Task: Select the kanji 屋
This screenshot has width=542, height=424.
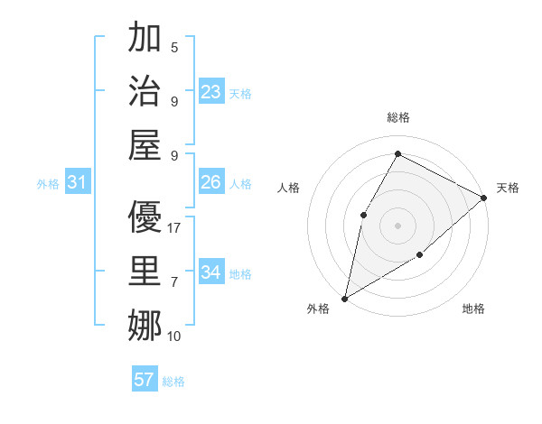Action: tap(145, 144)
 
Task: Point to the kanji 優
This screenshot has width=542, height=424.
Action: tap(145, 217)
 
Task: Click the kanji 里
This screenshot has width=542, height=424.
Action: tap(145, 272)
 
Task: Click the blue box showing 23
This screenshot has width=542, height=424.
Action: tap(211, 91)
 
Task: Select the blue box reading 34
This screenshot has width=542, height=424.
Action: tap(211, 272)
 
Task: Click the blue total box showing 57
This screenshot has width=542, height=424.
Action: tap(145, 380)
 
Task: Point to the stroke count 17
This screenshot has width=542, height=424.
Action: tap(174, 228)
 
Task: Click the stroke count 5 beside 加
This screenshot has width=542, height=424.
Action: tap(174, 47)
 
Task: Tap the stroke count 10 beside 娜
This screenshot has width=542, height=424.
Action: tap(174, 336)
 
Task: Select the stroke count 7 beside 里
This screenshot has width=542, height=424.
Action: tap(174, 282)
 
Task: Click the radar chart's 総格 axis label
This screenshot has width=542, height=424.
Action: tap(397, 117)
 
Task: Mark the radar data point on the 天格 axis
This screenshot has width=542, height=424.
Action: tap(484, 198)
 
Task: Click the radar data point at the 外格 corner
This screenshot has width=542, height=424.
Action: tap(344, 299)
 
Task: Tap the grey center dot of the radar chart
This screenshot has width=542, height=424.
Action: tap(397, 225)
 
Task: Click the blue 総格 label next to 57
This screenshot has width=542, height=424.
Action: tap(173, 382)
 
